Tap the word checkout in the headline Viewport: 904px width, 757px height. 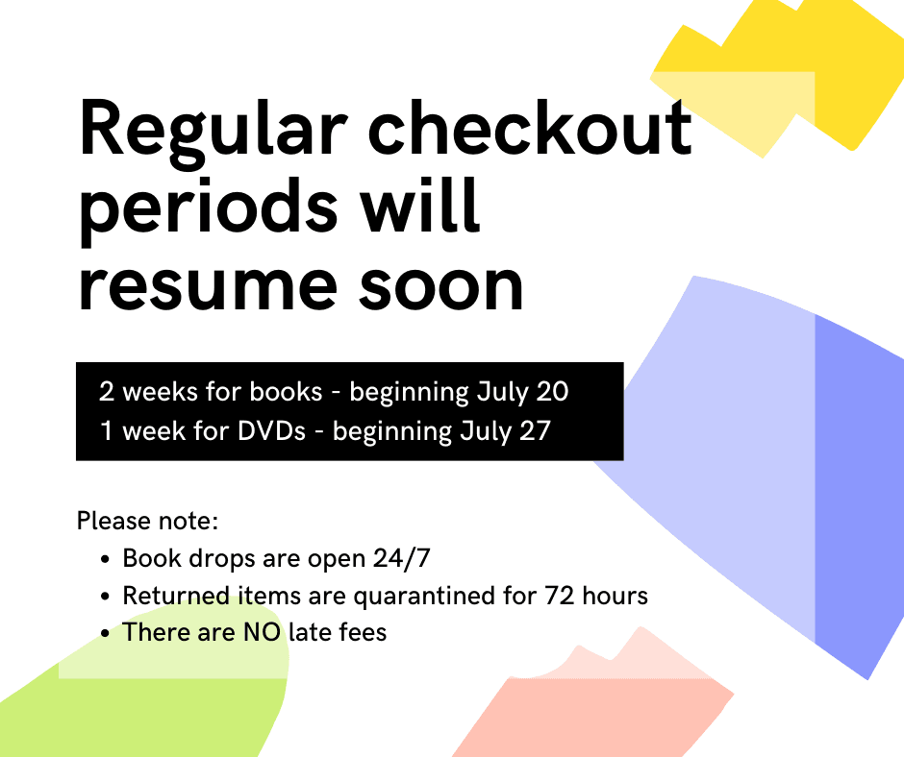530,132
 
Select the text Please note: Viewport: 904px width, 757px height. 148,522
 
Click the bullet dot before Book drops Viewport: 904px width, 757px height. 105,559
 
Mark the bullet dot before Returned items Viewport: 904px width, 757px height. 105,597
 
